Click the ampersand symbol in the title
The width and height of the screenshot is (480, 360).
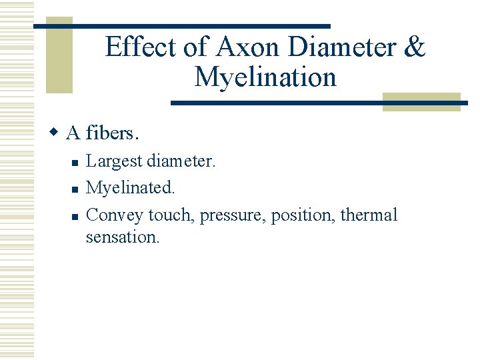tap(414, 47)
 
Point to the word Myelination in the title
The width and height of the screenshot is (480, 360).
tap(265, 77)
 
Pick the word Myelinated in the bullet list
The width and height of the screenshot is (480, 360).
tap(130, 188)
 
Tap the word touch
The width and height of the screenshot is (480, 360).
tap(169, 215)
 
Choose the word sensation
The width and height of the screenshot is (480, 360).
tap(123, 237)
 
